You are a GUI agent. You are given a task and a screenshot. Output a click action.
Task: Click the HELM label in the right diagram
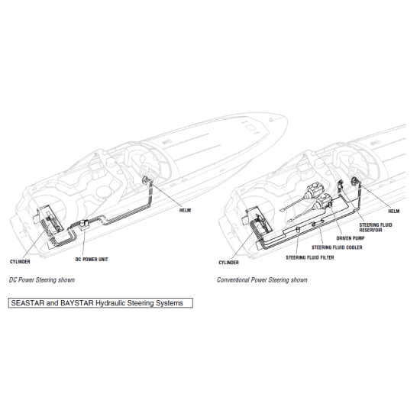[x=394, y=210]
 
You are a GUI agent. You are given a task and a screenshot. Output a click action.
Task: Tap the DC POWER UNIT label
[x=91, y=260]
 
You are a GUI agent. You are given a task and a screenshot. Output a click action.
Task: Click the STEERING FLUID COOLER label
[x=337, y=247]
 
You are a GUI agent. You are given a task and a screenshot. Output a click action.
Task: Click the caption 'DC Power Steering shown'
[x=42, y=280]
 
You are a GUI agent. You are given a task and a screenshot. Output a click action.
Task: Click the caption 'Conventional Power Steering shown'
[x=262, y=280]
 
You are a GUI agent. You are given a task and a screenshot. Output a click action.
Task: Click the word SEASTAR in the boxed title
[x=28, y=303]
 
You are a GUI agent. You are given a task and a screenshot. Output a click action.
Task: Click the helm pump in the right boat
[x=356, y=182]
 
